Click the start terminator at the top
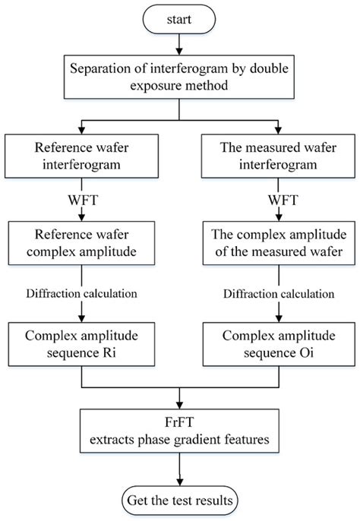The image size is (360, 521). (x=179, y=19)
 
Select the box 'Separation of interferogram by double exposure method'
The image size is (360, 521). (x=179, y=77)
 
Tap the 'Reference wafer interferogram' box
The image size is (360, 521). (x=81, y=156)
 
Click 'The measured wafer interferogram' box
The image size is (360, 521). (x=278, y=156)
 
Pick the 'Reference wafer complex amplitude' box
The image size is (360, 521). (x=81, y=243)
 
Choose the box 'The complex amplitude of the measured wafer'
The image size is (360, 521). (x=279, y=243)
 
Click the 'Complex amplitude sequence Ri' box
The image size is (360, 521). (x=81, y=344)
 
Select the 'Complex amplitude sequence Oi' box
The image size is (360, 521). (x=279, y=344)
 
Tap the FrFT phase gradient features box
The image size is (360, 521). (x=179, y=431)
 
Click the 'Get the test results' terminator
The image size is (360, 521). (x=180, y=500)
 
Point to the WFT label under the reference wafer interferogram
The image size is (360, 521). (x=83, y=201)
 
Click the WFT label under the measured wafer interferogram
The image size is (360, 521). (x=283, y=201)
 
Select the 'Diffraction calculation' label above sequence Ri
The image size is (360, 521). (x=82, y=294)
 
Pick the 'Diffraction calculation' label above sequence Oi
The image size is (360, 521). (x=279, y=294)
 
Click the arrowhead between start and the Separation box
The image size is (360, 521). (x=179, y=51)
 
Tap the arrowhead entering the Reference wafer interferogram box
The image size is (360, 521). (x=81, y=131)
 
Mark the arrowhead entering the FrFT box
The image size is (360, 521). (x=179, y=405)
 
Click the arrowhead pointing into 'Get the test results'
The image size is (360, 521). (x=180, y=482)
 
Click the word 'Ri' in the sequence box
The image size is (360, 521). (x=109, y=352)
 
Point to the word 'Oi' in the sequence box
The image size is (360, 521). (x=307, y=352)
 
